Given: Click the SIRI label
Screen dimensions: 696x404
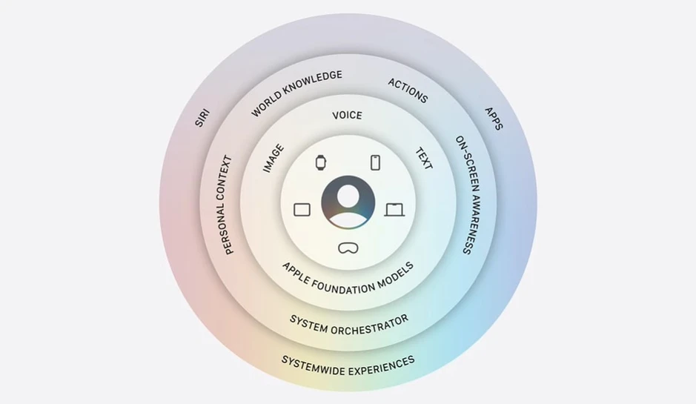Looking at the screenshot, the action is pyautogui.click(x=202, y=118).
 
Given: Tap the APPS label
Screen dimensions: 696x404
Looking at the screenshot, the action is pyautogui.click(x=494, y=119).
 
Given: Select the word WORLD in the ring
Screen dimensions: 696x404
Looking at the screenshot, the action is pyautogui.click(x=266, y=104).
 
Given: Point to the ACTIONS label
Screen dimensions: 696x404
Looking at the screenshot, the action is pyautogui.click(x=408, y=90).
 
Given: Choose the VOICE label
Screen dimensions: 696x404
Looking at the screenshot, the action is pyautogui.click(x=347, y=116).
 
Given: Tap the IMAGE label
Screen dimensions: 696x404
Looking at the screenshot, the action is pyautogui.click(x=273, y=158).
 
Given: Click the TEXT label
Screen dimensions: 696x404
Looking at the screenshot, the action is pyautogui.click(x=423, y=159).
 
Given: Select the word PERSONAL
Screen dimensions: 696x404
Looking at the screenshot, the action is pyautogui.click(x=225, y=225).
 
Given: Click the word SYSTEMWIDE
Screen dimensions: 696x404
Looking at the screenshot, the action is pyautogui.click(x=312, y=365).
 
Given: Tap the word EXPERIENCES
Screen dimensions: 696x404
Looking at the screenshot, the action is pyautogui.click(x=381, y=366).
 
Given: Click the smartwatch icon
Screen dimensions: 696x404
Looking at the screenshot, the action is pyautogui.click(x=320, y=162).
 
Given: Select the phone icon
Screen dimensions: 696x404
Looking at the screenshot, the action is pyautogui.click(x=376, y=162).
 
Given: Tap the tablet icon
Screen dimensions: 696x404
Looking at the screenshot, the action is pyautogui.click(x=302, y=210).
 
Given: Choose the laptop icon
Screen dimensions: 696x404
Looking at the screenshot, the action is pyautogui.click(x=394, y=210).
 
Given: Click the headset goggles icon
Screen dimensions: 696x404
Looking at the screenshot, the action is pyautogui.click(x=348, y=248).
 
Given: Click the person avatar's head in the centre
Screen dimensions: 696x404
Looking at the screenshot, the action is pyautogui.click(x=348, y=195).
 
